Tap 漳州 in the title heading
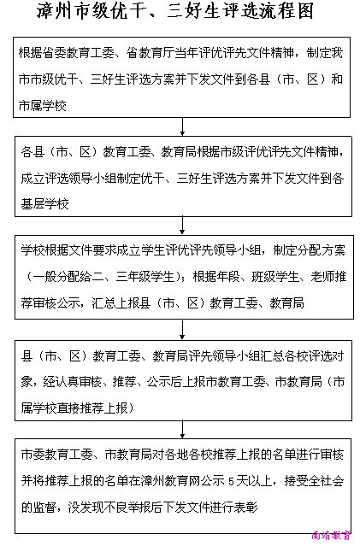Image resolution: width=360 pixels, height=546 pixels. [54, 11]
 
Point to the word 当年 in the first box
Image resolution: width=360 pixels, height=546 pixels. [186, 53]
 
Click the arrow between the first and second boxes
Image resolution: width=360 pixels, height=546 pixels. [182, 126]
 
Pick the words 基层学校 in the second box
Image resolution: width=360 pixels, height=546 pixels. [45, 203]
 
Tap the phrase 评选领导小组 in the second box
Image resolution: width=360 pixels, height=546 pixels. [81, 179]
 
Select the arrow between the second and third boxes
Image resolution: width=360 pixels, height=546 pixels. [182, 226]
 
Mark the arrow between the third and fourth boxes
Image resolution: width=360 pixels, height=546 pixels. [182, 329]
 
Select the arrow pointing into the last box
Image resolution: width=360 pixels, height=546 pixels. [182, 429]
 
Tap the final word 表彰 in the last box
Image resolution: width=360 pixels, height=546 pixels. [246, 507]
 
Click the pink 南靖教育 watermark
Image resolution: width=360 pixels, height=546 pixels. [331, 535]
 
